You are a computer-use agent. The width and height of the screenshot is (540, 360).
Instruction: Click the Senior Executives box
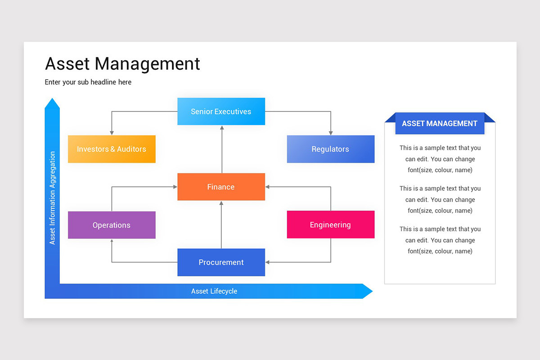point(221,112)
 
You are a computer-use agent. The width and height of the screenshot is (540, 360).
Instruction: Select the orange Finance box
point(221,187)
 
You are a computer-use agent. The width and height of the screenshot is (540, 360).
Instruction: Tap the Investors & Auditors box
point(112,149)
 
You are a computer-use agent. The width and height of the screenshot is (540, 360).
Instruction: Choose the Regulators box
point(330,149)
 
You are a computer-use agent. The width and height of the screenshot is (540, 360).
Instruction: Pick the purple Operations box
point(112,225)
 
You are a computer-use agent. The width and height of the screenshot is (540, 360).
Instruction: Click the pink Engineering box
point(330,225)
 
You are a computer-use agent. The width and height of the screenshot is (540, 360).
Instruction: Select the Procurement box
point(221,262)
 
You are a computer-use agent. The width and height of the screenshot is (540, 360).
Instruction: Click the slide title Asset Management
point(122,63)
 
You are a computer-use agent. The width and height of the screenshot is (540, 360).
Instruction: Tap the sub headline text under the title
point(88,82)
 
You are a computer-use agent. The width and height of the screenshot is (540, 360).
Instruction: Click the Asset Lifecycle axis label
point(214,291)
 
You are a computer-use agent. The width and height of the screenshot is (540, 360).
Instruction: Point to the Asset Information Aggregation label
point(53,198)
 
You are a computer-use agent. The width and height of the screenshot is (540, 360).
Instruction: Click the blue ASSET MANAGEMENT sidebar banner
point(440,124)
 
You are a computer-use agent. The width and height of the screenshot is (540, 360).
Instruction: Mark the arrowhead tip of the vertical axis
point(52,99)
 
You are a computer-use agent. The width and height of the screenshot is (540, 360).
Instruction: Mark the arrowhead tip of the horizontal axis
point(372,291)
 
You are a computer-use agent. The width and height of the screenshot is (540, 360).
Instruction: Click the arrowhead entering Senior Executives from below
point(221,127)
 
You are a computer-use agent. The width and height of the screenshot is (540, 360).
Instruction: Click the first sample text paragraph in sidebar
point(440,159)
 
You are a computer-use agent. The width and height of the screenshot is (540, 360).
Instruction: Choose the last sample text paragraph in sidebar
point(440,240)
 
